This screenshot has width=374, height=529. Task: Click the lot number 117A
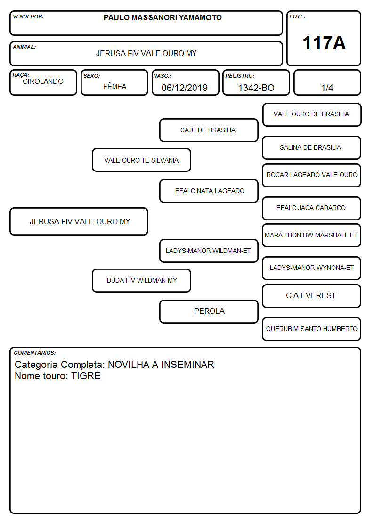(x=324, y=43)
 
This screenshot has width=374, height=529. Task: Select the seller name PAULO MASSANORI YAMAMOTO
(x=163, y=17)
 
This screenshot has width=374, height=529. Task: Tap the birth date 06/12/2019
(x=185, y=88)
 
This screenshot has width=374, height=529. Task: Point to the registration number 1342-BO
(x=256, y=88)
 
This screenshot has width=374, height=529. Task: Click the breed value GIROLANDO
(x=43, y=81)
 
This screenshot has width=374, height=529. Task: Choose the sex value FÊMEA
(x=114, y=86)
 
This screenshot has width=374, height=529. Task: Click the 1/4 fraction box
(x=327, y=82)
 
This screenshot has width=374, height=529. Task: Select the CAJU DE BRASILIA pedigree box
(x=209, y=130)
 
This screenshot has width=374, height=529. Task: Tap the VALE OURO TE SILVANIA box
(x=141, y=160)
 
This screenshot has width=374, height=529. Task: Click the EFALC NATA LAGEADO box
(x=209, y=191)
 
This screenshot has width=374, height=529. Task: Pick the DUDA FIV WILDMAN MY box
(x=141, y=280)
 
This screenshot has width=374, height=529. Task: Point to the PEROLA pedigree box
(x=209, y=311)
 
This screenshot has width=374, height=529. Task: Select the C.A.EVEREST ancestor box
(x=312, y=296)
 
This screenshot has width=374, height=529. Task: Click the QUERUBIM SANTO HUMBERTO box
(x=312, y=329)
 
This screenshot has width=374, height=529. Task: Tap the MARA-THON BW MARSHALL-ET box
(x=312, y=235)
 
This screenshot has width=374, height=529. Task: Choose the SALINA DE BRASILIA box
(x=312, y=147)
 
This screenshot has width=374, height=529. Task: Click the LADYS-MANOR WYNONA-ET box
(x=312, y=268)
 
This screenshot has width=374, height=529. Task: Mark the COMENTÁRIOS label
(x=35, y=353)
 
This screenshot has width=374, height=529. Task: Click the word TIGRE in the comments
(x=86, y=376)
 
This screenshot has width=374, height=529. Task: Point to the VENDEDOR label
(x=28, y=16)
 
